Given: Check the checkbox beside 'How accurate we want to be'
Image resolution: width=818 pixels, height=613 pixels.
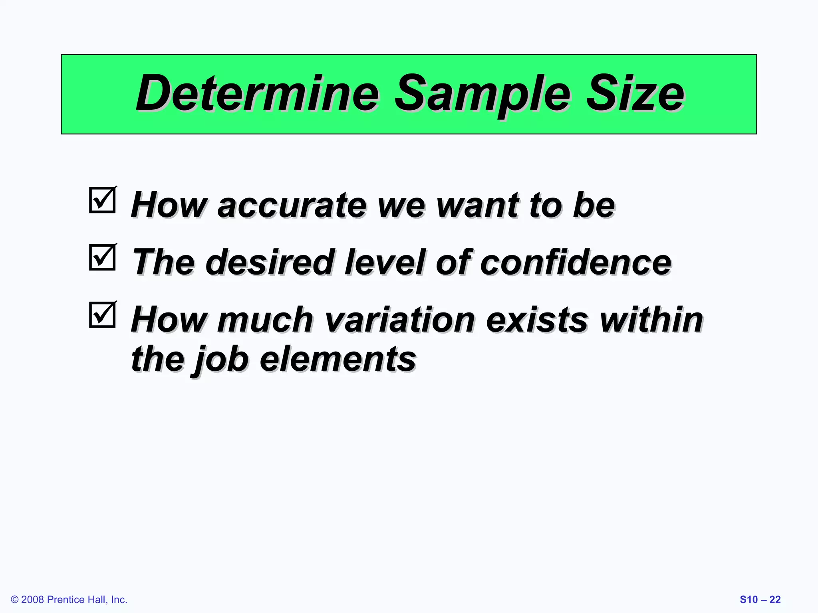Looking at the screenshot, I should pyautogui.click(x=102, y=200).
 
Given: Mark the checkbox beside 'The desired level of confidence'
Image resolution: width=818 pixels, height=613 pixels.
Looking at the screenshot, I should pyautogui.click(x=102, y=257).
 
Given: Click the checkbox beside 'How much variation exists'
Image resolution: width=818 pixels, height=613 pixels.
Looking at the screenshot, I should pyautogui.click(x=102, y=315).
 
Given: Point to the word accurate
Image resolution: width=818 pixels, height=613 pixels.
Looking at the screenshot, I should pyautogui.click(x=292, y=206).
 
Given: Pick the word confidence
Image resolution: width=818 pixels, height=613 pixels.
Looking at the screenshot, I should pyautogui.click(x=576, y=263).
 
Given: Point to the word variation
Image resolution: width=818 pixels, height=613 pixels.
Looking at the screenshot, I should pyautogui.click(x=400, y=320).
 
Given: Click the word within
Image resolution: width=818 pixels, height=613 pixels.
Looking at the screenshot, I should pyautogui.click(x=651, y=320).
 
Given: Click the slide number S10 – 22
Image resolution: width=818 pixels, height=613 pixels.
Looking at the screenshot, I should pyautogui.click(x=760, y=599).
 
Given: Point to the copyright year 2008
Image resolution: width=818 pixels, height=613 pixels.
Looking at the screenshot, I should pyautogui.click(x=32, y=599).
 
